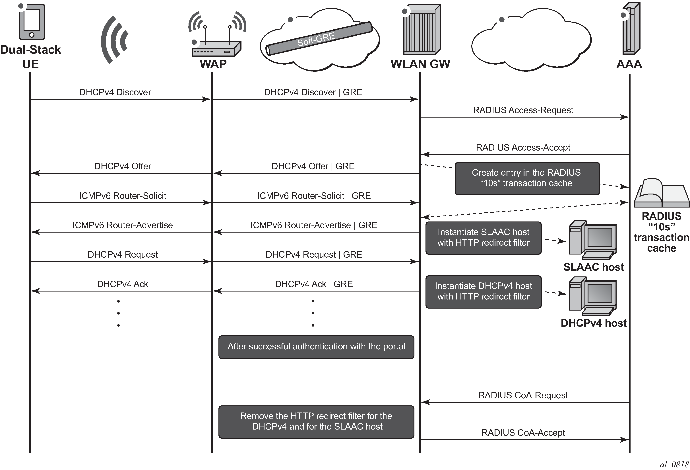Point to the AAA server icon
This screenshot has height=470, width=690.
631,28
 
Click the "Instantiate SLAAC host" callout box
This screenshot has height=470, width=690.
483,238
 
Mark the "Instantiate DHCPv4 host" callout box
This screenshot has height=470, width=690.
483,292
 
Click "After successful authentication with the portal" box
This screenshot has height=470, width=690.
316,347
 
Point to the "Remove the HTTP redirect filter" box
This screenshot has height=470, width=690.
316,421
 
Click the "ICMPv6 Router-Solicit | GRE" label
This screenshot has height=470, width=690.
314,196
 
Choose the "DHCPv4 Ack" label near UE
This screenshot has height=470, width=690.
122,284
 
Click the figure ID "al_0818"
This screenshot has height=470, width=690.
674,464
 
